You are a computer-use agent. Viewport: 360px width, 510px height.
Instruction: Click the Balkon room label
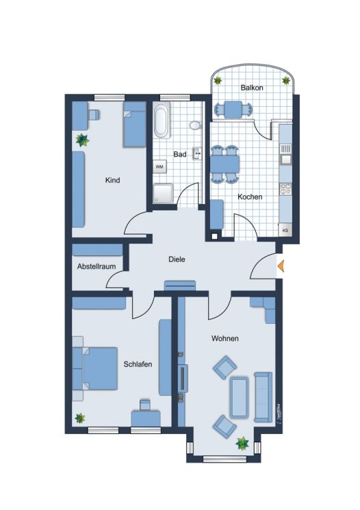tap(252, 88)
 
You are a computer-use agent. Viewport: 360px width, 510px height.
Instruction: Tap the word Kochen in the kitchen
tap(250, 197)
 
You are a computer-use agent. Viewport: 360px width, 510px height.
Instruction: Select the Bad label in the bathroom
tap(179, 155)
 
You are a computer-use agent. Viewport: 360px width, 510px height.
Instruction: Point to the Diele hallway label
tap(177, 259)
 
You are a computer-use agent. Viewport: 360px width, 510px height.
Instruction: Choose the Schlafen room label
tap(138, 364)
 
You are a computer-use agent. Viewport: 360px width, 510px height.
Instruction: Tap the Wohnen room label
tap(224, 339)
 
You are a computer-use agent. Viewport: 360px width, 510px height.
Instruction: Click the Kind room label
tap(113, 181)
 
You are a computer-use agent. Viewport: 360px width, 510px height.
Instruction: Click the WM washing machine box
tap(159, 166)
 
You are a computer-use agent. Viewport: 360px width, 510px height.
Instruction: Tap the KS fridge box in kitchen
tap(285, 231)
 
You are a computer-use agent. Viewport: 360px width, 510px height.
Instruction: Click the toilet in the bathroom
tap(195, 125)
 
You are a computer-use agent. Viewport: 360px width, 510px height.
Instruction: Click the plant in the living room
tap(242, 443)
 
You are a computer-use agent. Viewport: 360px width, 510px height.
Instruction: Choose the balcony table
tap(233, 108)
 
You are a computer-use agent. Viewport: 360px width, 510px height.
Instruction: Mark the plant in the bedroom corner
tap(80, 418)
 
